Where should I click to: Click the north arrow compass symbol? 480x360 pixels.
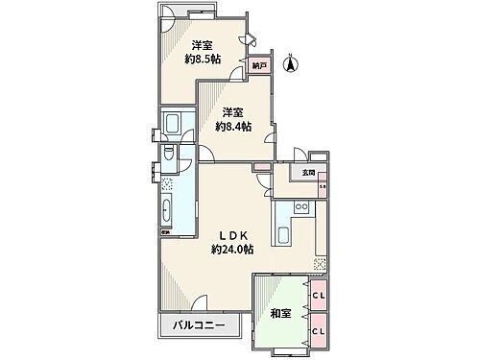[x=293, y=64]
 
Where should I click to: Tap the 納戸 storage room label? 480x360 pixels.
[x=259, y=66]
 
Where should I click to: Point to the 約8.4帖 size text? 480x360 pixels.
[x=233, y=126]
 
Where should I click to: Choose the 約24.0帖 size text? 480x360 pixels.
[x=232, y=250]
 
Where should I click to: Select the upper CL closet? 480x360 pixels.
[x=317, y=296]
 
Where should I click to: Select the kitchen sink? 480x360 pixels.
[x=285, y=235]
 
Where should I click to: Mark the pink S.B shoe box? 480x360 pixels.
[x=322, y=185]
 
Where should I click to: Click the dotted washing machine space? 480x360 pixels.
[x=166, y=184]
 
